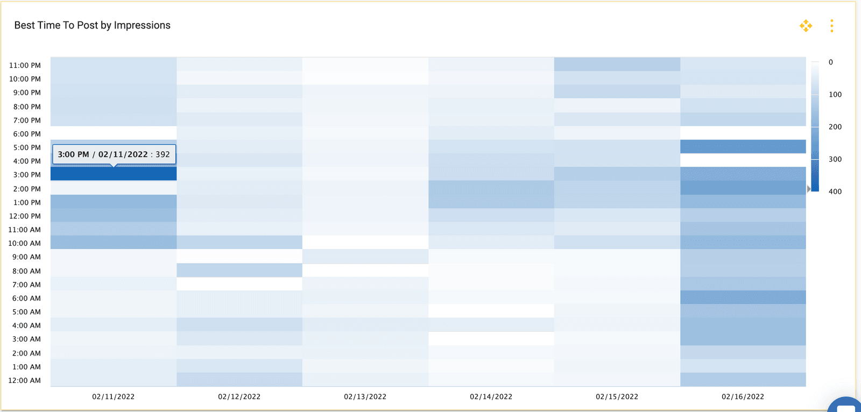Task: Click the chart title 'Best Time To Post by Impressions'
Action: coord(92,25)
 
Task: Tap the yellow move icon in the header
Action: coord(806,26)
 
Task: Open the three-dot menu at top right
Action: coord(831,26)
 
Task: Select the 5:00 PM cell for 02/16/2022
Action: coord(743,146)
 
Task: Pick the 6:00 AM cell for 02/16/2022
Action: coord(743,297)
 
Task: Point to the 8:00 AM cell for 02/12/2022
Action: coord(239,270)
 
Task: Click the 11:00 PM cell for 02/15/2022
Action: coord(617,64)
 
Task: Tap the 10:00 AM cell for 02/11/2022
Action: coord(114,243)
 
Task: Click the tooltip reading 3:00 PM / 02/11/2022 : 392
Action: coord(114,154)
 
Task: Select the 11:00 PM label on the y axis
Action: coord(25,65)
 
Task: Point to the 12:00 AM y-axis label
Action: coord(25,380)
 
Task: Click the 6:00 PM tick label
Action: coord(27,134)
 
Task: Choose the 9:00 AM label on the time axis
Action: coord(27,257)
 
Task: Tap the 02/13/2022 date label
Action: coord(365,396)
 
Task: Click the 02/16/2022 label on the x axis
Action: coord(743,396)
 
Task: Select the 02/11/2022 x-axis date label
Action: coord(113,396)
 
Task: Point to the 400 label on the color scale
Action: coord(835,191)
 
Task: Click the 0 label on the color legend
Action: coord(831,62)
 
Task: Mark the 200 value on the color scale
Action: coord(835,127)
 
